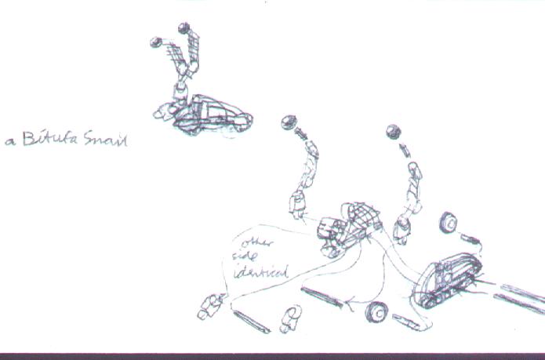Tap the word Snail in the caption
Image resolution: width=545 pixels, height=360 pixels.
107,141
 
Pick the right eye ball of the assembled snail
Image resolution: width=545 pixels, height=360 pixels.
184,29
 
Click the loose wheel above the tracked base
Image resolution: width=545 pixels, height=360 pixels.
449,224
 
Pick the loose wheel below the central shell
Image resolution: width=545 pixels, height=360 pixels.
378,311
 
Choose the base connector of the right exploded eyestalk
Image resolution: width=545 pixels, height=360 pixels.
402,228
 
